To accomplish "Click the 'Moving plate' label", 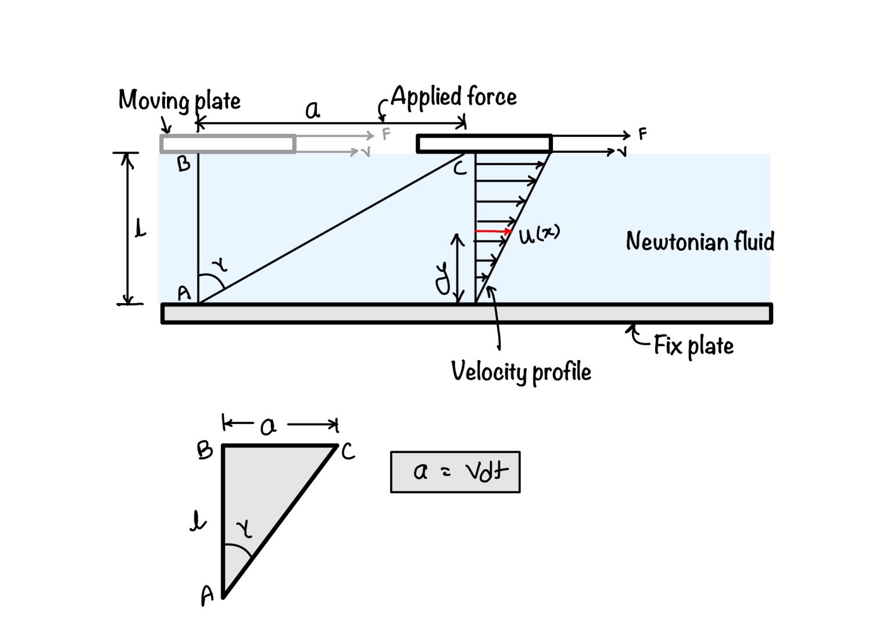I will tap(179, 101).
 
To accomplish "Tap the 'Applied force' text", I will tap(453, 97).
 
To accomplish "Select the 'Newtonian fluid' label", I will tap(700, 241).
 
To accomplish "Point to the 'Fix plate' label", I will tap(693, 346).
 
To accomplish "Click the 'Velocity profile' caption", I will tap(521, 372).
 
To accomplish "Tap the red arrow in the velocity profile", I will tap(493, 232).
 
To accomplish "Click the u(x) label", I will tap(538, 234).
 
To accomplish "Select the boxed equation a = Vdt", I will tap(455, 472).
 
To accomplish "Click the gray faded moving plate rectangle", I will tap(228, 144).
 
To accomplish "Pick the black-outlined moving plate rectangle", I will tap(484, 144).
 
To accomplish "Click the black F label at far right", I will tap(642, 134).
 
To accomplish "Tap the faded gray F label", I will tap(386, 134).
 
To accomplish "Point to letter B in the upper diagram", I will tap(184, 165).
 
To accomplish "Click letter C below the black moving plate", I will tap(460, 169).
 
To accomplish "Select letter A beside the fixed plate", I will tap(184, 293).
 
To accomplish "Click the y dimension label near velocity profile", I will tap(443, 278).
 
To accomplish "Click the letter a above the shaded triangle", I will tap(268, 427).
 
